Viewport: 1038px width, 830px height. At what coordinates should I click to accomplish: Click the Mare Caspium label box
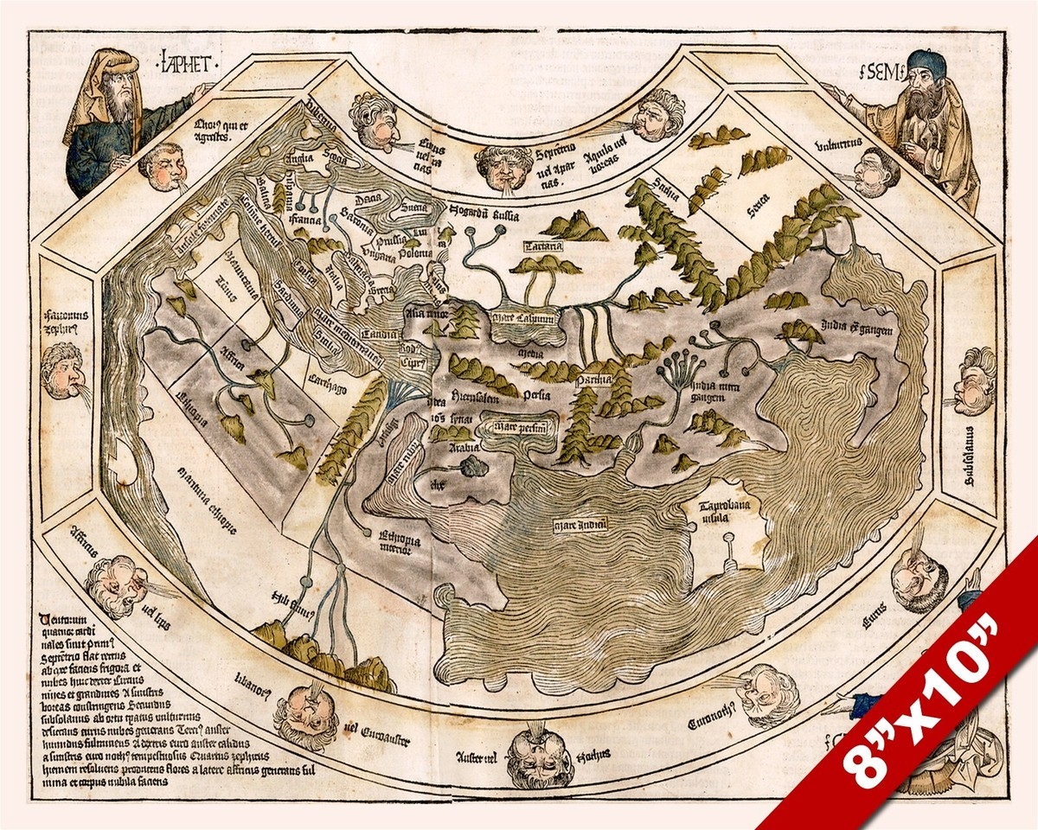pyautogui.click(x=522, y=318)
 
